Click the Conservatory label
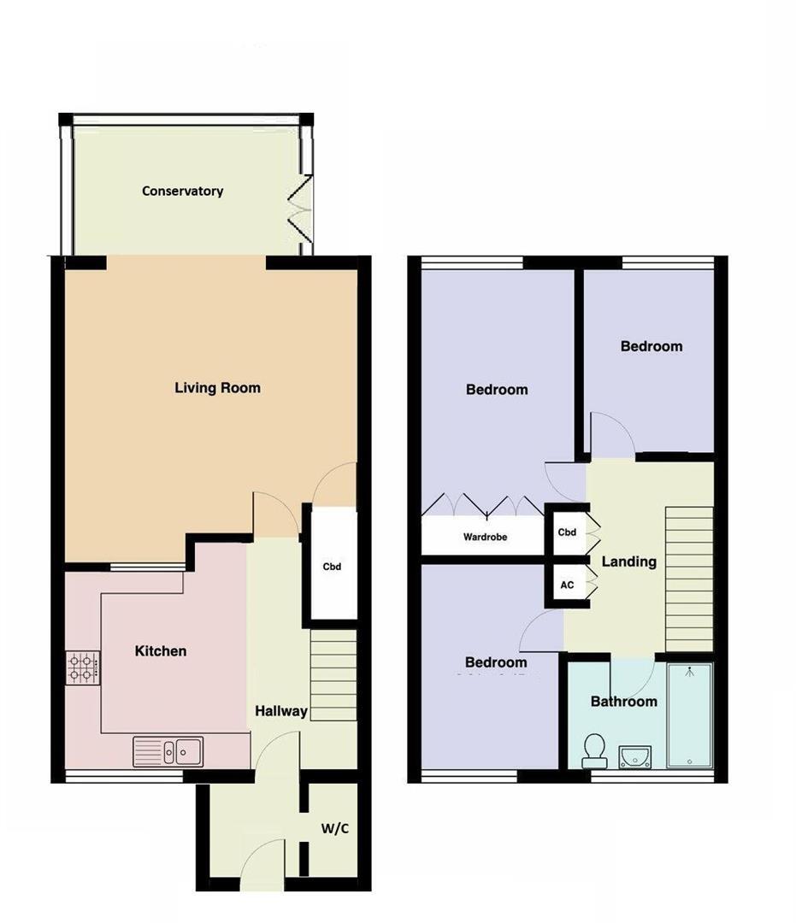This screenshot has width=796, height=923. click(x=182, y=191)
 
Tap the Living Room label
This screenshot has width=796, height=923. click(x=217, y=388)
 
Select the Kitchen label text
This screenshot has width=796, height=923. click(x=161, y=651)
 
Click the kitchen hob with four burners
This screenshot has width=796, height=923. click(x=83, y=667)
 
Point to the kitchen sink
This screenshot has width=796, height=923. click(x=168, y=752)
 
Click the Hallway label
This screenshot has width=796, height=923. click(x=281, y=711)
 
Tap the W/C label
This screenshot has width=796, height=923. click(x=334, y=828)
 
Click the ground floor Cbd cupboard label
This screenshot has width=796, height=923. click(x=332, y=566)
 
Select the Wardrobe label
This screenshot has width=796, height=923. click(x=485, y=538)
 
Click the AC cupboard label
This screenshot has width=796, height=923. click(x=567, y=585)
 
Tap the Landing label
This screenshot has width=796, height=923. click(x=628, y=561)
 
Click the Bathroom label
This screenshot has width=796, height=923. click(x=624, y=702)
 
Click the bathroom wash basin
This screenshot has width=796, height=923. click(x=634, y=755)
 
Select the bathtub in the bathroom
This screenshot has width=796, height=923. click(x=689, y=715)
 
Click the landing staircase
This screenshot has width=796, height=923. click(x=689, y=578)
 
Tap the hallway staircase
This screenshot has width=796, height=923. click(x=333, y=674)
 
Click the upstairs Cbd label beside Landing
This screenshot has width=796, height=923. click(x=567, y=532)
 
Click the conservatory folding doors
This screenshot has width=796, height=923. click(x=300, y=209)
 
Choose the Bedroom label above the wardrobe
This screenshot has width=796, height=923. click(x=497, y=390)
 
